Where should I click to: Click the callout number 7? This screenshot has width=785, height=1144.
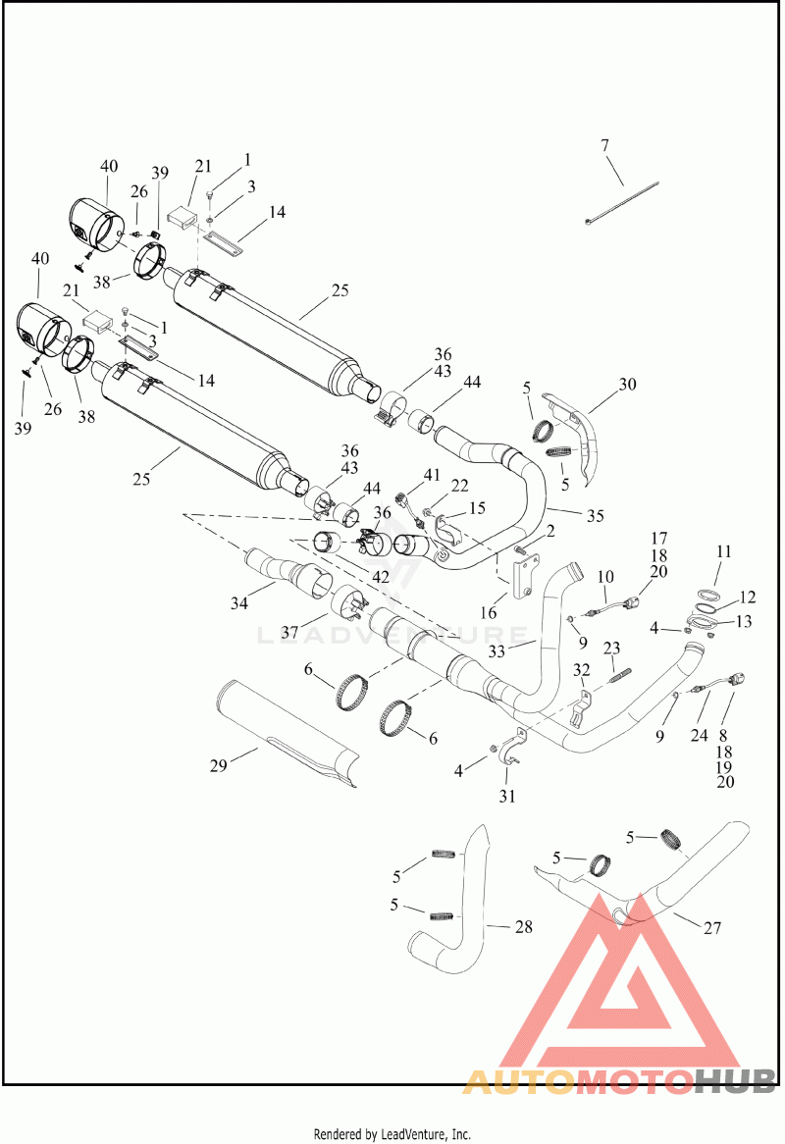point(604,146)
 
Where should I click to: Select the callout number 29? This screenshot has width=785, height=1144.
point(218,765)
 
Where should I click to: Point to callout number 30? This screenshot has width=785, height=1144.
point(627,385)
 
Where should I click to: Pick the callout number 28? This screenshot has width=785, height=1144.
point(524,927)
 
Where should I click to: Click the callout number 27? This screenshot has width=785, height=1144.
point(712,927)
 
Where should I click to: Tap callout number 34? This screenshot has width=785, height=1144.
point(239,603)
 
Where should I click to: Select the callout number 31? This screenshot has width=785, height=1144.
point(507,797)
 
